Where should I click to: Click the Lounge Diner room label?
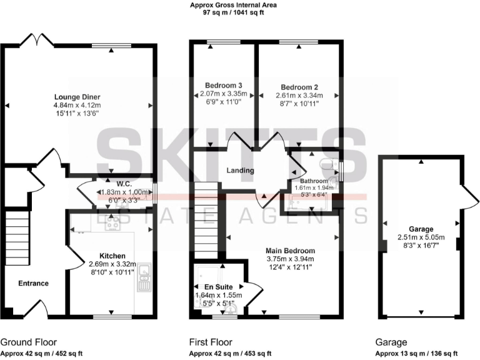(x=77, y=97)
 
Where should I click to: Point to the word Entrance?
(x=33, y=283)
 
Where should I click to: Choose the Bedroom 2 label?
(x=299, y=87)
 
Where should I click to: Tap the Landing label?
(x=240, y=171)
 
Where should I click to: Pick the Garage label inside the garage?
(x=421, y=229)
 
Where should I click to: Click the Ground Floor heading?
(x=28, y=342)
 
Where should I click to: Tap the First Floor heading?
(x=211, y=342)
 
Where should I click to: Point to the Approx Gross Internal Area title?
(x=233, y=5)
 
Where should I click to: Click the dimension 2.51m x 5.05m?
(x=421, y=237)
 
